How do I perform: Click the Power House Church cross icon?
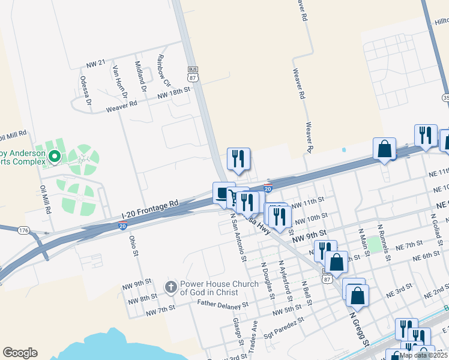171,287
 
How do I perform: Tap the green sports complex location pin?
55,157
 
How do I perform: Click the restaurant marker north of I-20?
238,158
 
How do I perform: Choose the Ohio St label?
134,246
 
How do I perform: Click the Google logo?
20,353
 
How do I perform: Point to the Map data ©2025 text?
423,355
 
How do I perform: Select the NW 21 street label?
96,63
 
